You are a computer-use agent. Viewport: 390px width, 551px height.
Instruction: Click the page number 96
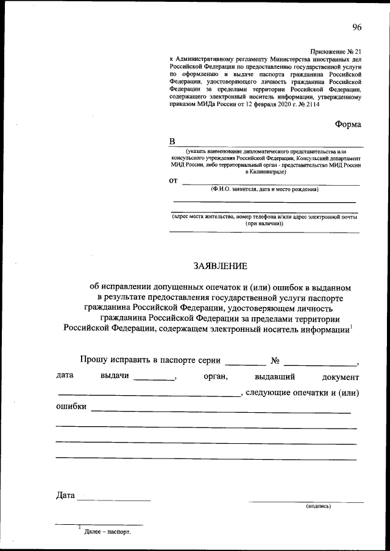pyautogui.click(x=356, y=26)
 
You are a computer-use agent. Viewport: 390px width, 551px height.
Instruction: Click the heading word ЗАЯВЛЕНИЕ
pyautogui.click(x=220, y=266)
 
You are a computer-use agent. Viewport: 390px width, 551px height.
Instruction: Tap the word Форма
pyautogui.click(x=348, y=124)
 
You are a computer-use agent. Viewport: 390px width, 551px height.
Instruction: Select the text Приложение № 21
pyautogui.click(x=336, y=54)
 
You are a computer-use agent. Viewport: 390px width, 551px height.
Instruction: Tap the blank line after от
pyautogui.click(x=271, y=183)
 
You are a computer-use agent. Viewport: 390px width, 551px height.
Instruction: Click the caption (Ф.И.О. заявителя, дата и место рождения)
pyautogui.click(x=264, y=189)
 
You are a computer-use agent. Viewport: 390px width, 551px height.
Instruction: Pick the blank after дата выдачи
pyautogui.click(x=154, y=379)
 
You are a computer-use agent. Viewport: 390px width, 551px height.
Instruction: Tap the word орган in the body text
pyautogui.click(x=216, y=376)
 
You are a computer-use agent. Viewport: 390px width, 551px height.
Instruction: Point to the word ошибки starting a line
pyautogui.click(x=71, y=407)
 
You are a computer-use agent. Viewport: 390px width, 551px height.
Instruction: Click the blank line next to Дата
pyautogui.click(x=113, y=500)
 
